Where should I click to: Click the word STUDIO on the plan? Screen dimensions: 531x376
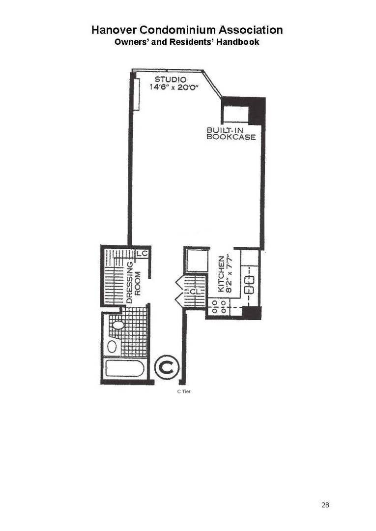171,79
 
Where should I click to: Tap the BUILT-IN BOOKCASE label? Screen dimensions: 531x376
231,134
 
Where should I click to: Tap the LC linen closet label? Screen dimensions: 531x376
143,253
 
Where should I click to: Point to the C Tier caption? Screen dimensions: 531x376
183,392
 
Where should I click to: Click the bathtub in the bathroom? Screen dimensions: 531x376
125,368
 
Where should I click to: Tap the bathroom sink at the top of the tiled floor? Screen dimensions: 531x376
118,325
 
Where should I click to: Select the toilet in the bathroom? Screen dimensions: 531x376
112,346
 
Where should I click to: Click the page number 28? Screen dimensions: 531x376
325,505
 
